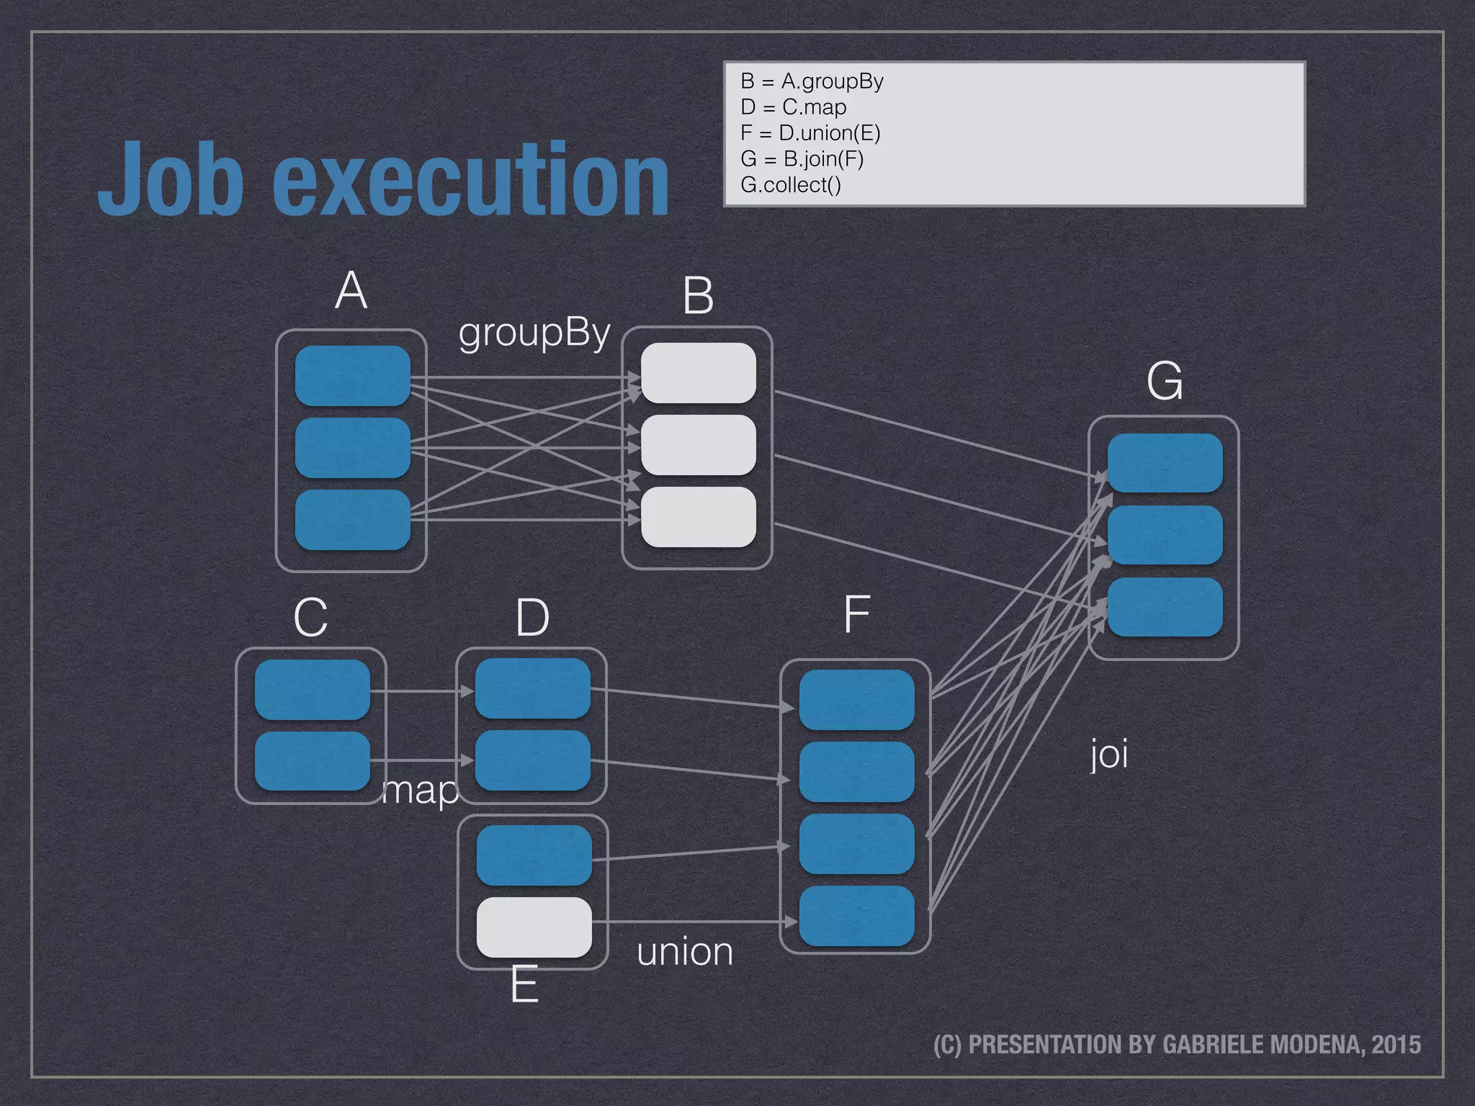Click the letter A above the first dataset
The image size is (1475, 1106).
pyautogui.click(x=351, y=291)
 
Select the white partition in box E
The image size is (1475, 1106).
pyautogui.click(x=534, y=927)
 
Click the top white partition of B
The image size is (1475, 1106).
pyautogui.click(x=698, y=373)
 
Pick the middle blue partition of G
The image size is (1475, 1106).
pyautogui.click(x=1165, y=535)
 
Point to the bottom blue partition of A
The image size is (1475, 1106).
pyautogui.click(x=352, y=519)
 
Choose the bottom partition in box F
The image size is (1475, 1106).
pyautogui.click(x=856, y=915)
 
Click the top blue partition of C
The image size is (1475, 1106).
pyautogui.click(x=312, y=689)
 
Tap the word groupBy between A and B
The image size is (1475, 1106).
pyautogui.click(x=534, y=334)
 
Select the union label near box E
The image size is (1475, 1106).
pyautogui.click(x=685, y=952)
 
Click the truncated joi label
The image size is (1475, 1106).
pyautogui.click(x=1109, y=755)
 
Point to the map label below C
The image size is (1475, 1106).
pyautogui.click(x=421, y=791)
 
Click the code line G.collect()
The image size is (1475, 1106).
pyautogui.click(x=790, y=185)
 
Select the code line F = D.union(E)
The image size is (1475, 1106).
pyautogui.click(x=810, y=133)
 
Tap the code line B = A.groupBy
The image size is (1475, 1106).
pyautogui.click(x=812, y=81)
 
